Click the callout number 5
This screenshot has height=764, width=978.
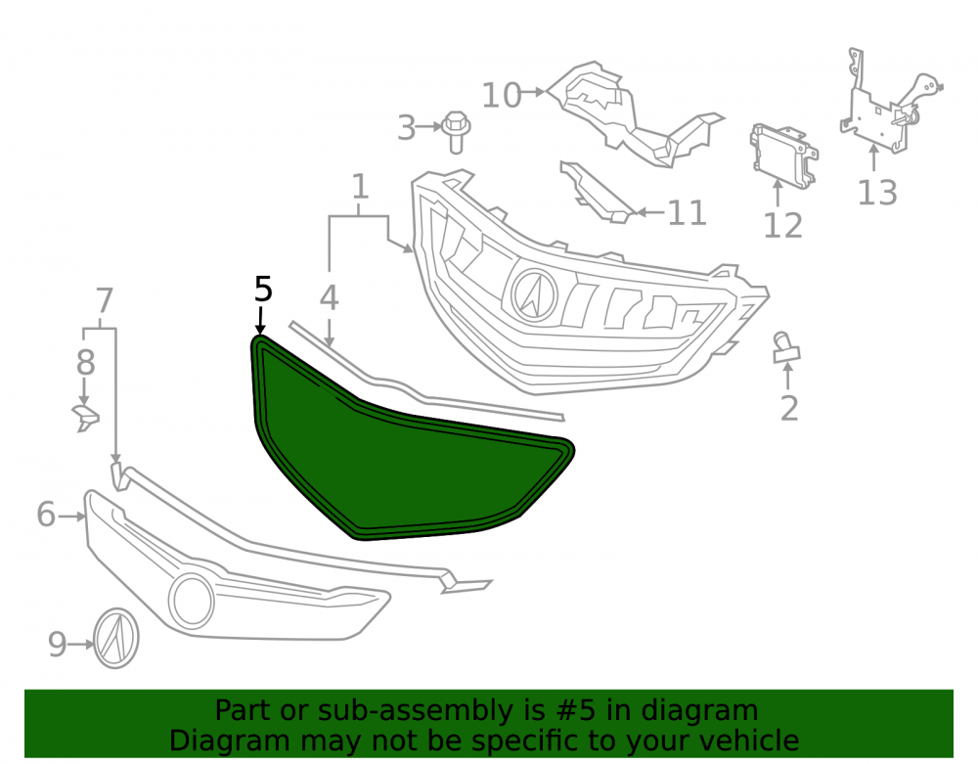(263, 290)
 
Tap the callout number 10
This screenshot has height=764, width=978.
(502, 96)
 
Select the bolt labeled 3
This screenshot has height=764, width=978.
(456, 132)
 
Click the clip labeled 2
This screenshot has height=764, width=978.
(786, 348)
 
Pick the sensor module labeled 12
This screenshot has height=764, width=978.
(783, 154)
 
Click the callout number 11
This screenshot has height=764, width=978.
(687, 213)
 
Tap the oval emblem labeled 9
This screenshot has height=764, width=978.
(116, 638)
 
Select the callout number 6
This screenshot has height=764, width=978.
(46, 515)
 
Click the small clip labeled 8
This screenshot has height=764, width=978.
(86, 417)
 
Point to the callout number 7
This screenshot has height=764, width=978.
(105, 300)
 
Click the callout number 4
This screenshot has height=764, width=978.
(329, 297)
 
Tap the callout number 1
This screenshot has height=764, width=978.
(361, 187)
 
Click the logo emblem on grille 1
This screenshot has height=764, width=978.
(534, 295)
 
